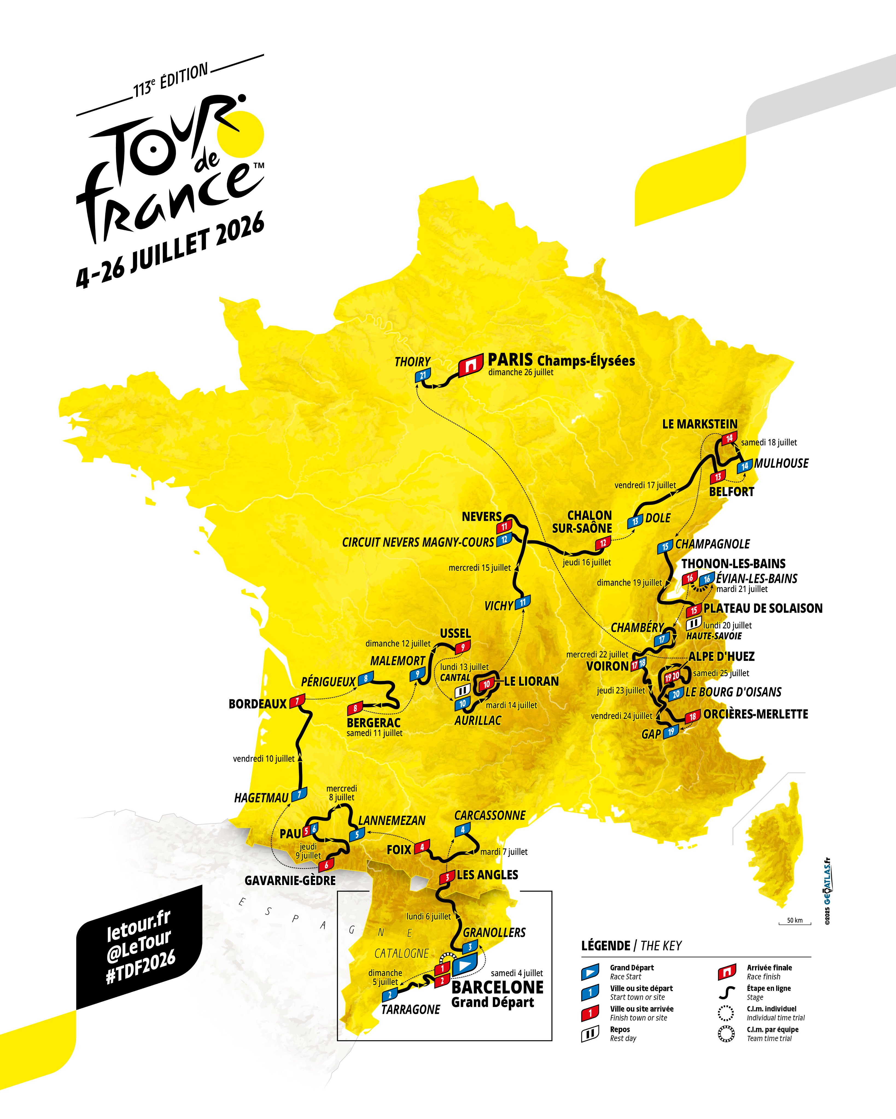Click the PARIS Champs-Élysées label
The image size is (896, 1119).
(561, 360)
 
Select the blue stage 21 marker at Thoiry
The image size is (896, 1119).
(423, 375)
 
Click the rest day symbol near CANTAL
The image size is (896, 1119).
(462, 690)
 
